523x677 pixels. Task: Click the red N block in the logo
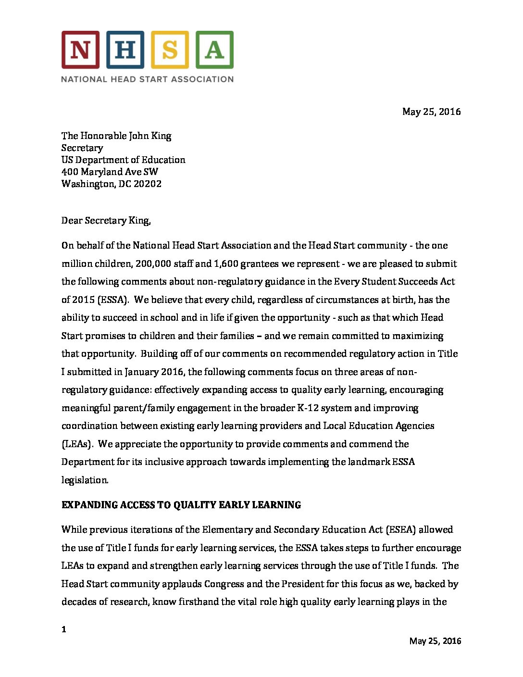pos(80,50)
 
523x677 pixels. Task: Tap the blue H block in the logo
pos(125,50)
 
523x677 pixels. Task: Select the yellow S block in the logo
pos(170,50)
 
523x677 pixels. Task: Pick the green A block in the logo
pos(214,50)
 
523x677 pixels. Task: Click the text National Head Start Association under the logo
pos(147,79)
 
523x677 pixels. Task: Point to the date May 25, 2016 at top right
pos(431,112)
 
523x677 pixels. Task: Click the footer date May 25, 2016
pos(435,641)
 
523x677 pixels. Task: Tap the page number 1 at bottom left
pos(64,629)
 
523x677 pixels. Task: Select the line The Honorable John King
pos(116,136)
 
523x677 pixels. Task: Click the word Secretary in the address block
pos(82,148)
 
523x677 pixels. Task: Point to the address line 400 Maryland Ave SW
pos(110,172)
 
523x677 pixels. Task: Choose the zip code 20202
pos(147,184)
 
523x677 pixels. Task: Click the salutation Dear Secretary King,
pos(106,220)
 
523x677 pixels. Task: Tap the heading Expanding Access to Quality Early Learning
pos(181,505)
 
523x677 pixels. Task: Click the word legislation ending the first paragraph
pos(85,480)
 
